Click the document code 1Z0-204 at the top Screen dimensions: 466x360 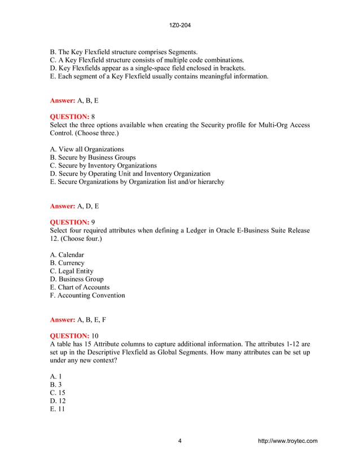[x=179, y=25]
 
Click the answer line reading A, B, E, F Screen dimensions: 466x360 [x=78, y=319]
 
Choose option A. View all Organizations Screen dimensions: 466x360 [x=87, y=150]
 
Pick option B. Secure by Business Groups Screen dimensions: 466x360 [x=93, y=157]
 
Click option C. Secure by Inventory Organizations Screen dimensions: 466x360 [x=103, y=165]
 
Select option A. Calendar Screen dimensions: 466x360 [x=67, y=255]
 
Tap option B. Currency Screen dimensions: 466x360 [x=67, y=263]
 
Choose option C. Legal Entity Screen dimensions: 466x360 [x=72, y=271]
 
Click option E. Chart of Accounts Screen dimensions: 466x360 [x=80, y=287]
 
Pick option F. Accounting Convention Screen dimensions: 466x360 [x=87, y=295]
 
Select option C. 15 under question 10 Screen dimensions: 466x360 [x=57, y=393]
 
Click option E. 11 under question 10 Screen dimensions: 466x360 [x=57, y=409]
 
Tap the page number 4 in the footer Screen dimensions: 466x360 [x=179, y=441]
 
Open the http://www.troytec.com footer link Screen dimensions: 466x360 [x=287, y=441]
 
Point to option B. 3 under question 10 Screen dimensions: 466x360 [x=55, y=385]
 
